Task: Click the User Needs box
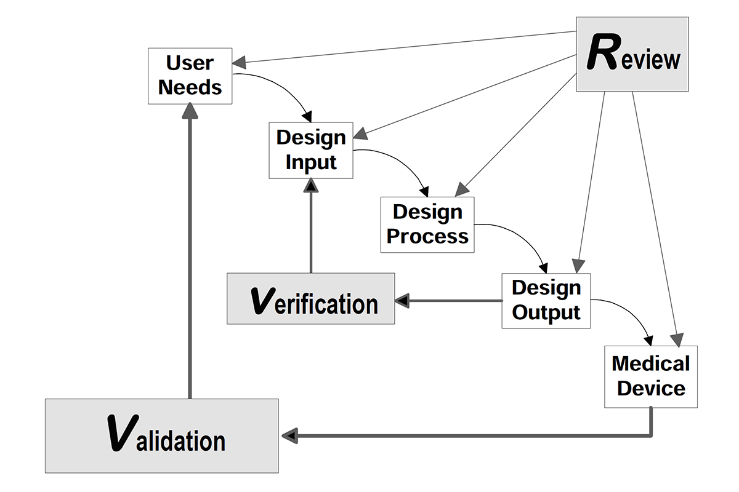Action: point(190,76)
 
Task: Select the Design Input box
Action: point(311,151)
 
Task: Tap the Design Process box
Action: point(427,225)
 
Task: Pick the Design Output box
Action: point(546,301)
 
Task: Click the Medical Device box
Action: point(651,376)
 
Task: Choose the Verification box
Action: point(311,298)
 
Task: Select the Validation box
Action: point(161,436)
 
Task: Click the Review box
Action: point(632,54)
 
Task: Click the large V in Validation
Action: point(123,433)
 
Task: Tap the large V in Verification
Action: point(263,301)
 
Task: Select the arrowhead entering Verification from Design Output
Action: point(402,301)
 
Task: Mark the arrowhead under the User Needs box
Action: point(190,111)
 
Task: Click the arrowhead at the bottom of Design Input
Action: point(311,185)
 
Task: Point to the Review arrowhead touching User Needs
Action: point(239,62)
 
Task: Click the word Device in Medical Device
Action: point(652,389)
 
